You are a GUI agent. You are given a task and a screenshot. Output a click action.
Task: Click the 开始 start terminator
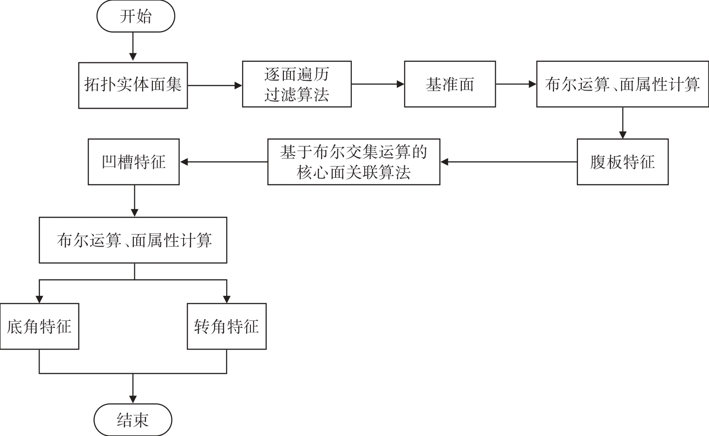(136, 16)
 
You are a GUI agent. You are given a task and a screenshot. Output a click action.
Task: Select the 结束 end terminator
(133, 420)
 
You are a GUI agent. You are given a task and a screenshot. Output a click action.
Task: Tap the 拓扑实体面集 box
(133, 85)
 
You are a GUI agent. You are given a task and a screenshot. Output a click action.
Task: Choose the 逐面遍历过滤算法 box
(297, 84)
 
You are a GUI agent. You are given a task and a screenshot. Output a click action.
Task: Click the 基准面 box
(450, 84)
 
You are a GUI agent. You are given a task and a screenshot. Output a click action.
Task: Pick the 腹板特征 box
(623, 162)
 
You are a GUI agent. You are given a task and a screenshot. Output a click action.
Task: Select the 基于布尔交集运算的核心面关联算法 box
(354, 162)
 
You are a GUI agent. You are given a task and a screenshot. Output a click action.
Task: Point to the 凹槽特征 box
(133, 162)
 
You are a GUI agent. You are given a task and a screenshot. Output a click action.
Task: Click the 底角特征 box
(39, 326)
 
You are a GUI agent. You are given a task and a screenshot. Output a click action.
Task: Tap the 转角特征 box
(227, 326)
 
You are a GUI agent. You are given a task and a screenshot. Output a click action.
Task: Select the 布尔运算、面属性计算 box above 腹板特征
(622, 84)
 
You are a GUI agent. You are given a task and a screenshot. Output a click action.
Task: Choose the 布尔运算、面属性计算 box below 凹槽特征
(133, 240)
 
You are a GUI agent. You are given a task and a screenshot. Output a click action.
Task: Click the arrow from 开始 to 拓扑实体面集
(133, 46)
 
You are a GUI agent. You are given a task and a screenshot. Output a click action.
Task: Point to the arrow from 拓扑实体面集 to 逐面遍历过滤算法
(215, 85)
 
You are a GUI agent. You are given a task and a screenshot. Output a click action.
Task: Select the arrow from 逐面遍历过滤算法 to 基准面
(378, 84)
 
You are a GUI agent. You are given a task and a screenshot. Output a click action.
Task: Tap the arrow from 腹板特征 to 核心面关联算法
(509, 162)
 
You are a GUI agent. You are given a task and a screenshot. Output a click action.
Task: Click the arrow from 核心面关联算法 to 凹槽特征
(224, 162)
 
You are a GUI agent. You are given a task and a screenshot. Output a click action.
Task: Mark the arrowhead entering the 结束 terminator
(133, 399)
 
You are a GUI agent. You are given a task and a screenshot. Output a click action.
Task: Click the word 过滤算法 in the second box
(297, 95)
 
